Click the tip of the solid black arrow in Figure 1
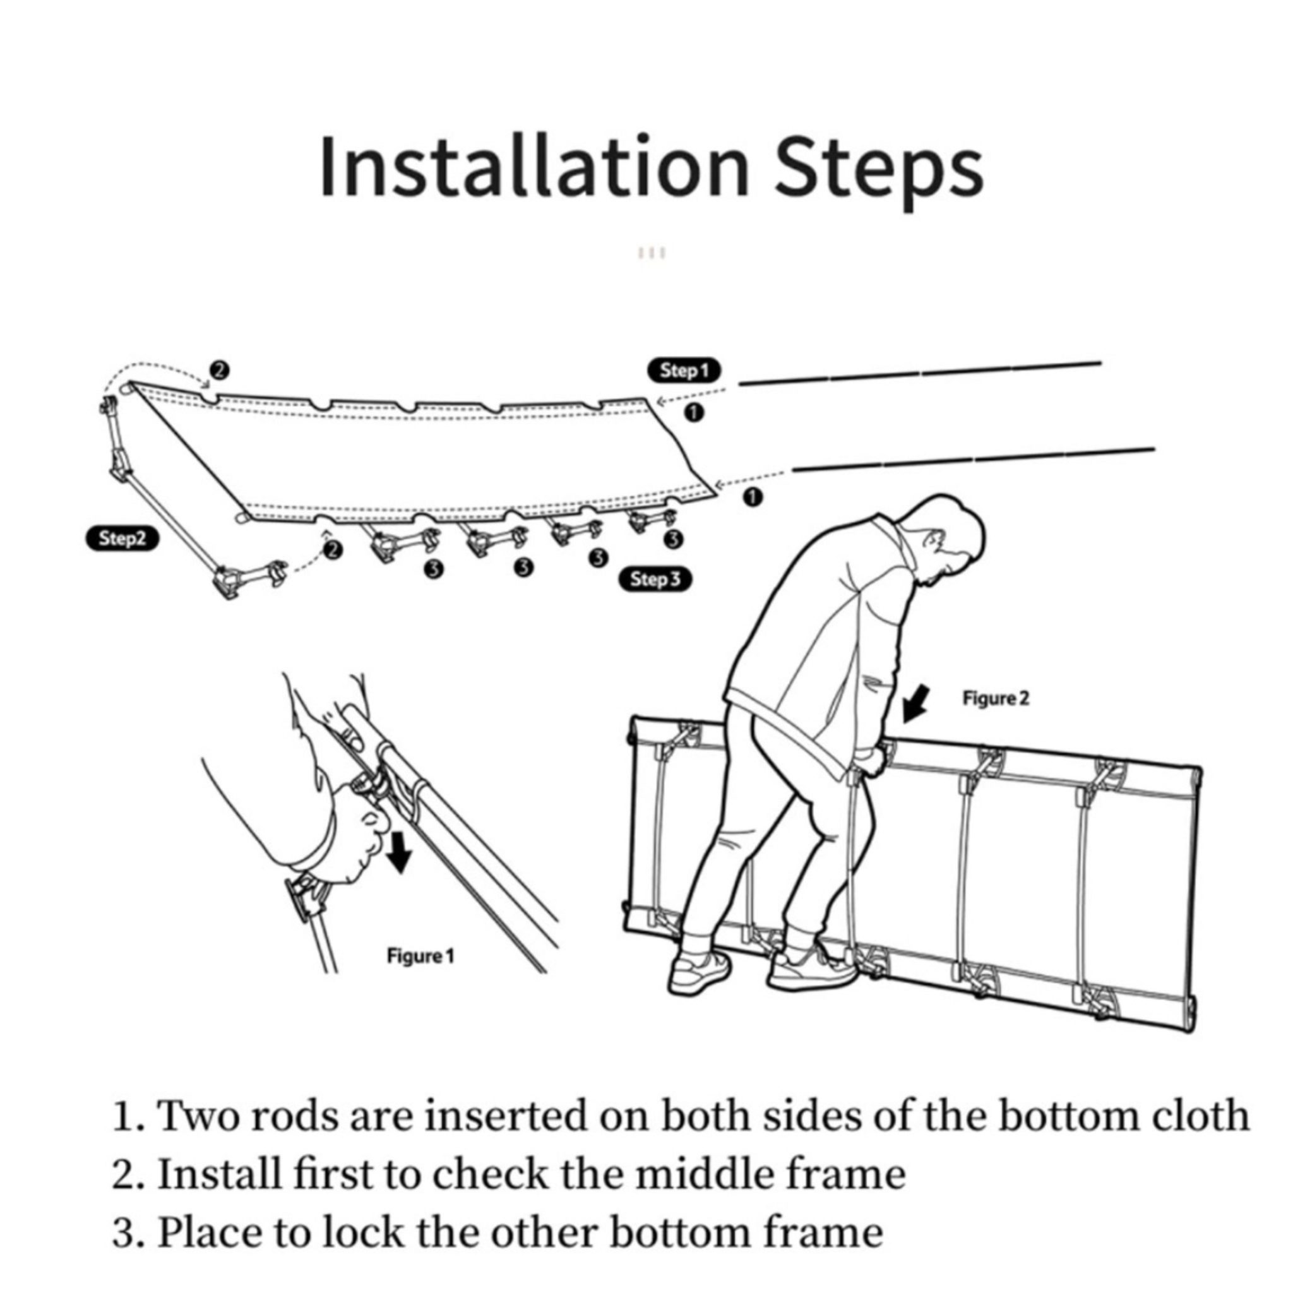tap(400, 873)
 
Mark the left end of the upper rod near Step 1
tap(739, 383)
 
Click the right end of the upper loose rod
tap(1101, 364)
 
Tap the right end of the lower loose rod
tap(1155, 449)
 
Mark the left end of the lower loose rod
tap(794, 469)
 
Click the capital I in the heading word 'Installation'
tap(326, 167)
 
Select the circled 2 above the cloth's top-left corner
tap(219, 369)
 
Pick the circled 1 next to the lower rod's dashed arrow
tap(753, 498)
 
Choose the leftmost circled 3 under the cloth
tap(434, 569)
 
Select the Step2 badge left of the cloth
tap(122, 539)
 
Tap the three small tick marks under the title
tap(652, 253)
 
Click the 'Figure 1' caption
tap(420, 956)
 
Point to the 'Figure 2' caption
tap(996, 699)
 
